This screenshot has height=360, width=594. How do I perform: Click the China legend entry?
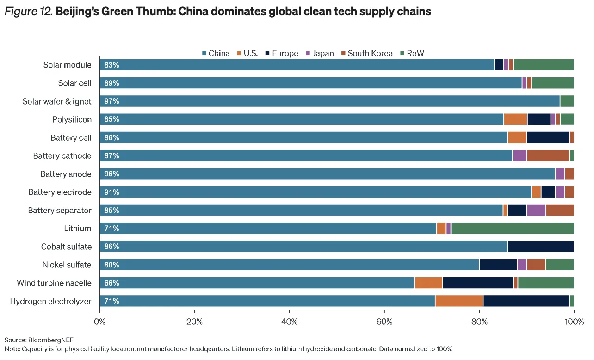click(x=216, y=53)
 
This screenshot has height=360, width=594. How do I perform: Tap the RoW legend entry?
click(x=411, y=53)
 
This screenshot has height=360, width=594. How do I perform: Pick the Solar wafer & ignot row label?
click(x=57, y=101)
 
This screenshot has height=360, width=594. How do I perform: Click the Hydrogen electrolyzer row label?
click(x=51, y=301)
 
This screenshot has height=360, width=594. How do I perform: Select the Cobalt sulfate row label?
click(x=66, y=247)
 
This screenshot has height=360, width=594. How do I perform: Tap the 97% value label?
click(x=111, y=101)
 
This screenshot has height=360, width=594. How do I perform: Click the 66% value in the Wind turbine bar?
click(x=111, y=283)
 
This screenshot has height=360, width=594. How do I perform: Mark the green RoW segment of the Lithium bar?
click(x=512, y=228)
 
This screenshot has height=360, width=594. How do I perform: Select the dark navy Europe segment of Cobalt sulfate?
click(x=541, y=247)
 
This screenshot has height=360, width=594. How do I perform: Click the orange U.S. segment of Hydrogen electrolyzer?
click(x=459, y=301)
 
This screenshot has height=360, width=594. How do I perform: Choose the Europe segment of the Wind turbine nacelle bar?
click(x=478, y=283)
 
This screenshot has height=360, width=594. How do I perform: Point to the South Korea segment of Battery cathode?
click(x=548, y=156)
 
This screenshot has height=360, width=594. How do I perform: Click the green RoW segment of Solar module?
click(x=544, y=65)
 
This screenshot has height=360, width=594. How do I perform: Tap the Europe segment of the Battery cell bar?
click(x=548, y=137)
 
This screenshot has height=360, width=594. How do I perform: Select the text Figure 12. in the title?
click(x=28, y=12)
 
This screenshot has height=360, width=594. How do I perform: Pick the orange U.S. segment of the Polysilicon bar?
click(x=515, y=119)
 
